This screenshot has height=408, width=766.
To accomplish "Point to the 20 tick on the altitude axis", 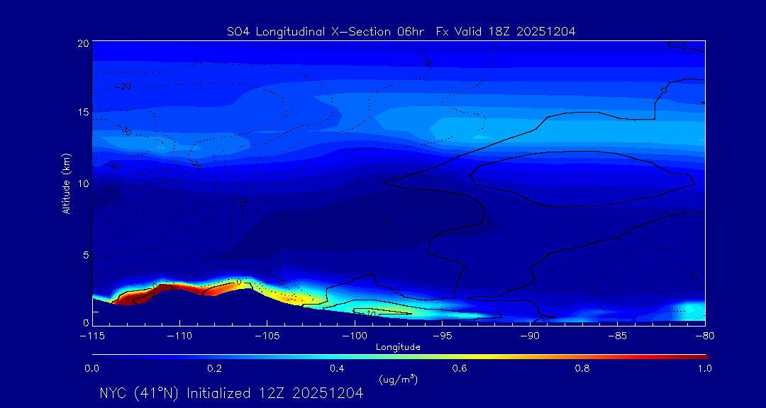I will (x=83, y=43).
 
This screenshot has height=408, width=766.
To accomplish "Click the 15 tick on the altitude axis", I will (x=83, y=113).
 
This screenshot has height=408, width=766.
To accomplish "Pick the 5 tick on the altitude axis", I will (x=86, y=254).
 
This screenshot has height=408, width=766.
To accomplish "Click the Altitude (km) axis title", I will (x=67, y=183).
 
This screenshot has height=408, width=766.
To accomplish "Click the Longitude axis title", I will (x=398, y=347).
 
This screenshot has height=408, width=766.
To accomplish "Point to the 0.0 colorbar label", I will (x=92, y=368).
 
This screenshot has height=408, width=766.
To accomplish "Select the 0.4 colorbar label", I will (x=338, y=368).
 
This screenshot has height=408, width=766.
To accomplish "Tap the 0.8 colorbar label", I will (x=583, y=368).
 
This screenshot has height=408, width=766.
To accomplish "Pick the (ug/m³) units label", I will (x=398, y=380).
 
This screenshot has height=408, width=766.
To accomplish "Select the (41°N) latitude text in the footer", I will (x=160, y=393).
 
